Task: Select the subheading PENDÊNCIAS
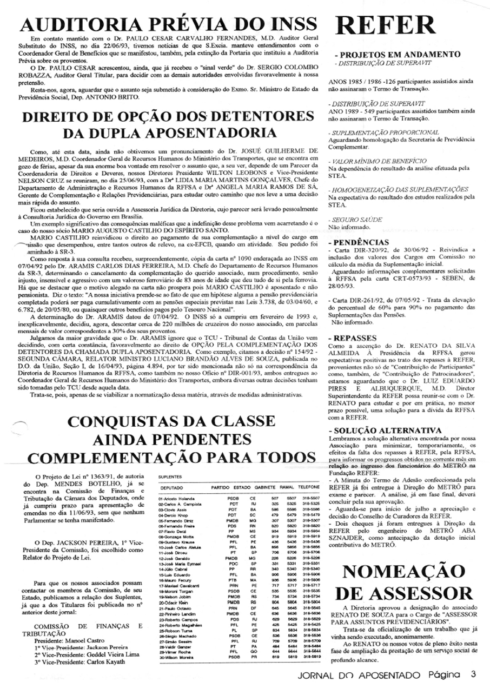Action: pos(361,242)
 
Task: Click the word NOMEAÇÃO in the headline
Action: pos(405,572)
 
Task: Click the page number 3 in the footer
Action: pos(473,674)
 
